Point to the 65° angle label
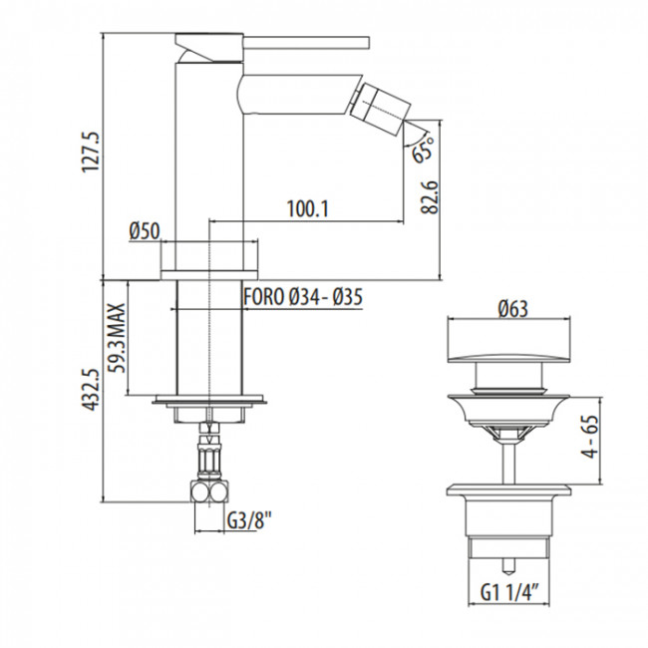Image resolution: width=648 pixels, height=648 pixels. (x=423, y=152)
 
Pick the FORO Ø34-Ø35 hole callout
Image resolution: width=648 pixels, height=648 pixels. (x=302, y=296)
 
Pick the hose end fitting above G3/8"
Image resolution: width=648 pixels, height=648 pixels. (x=210, y=489)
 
